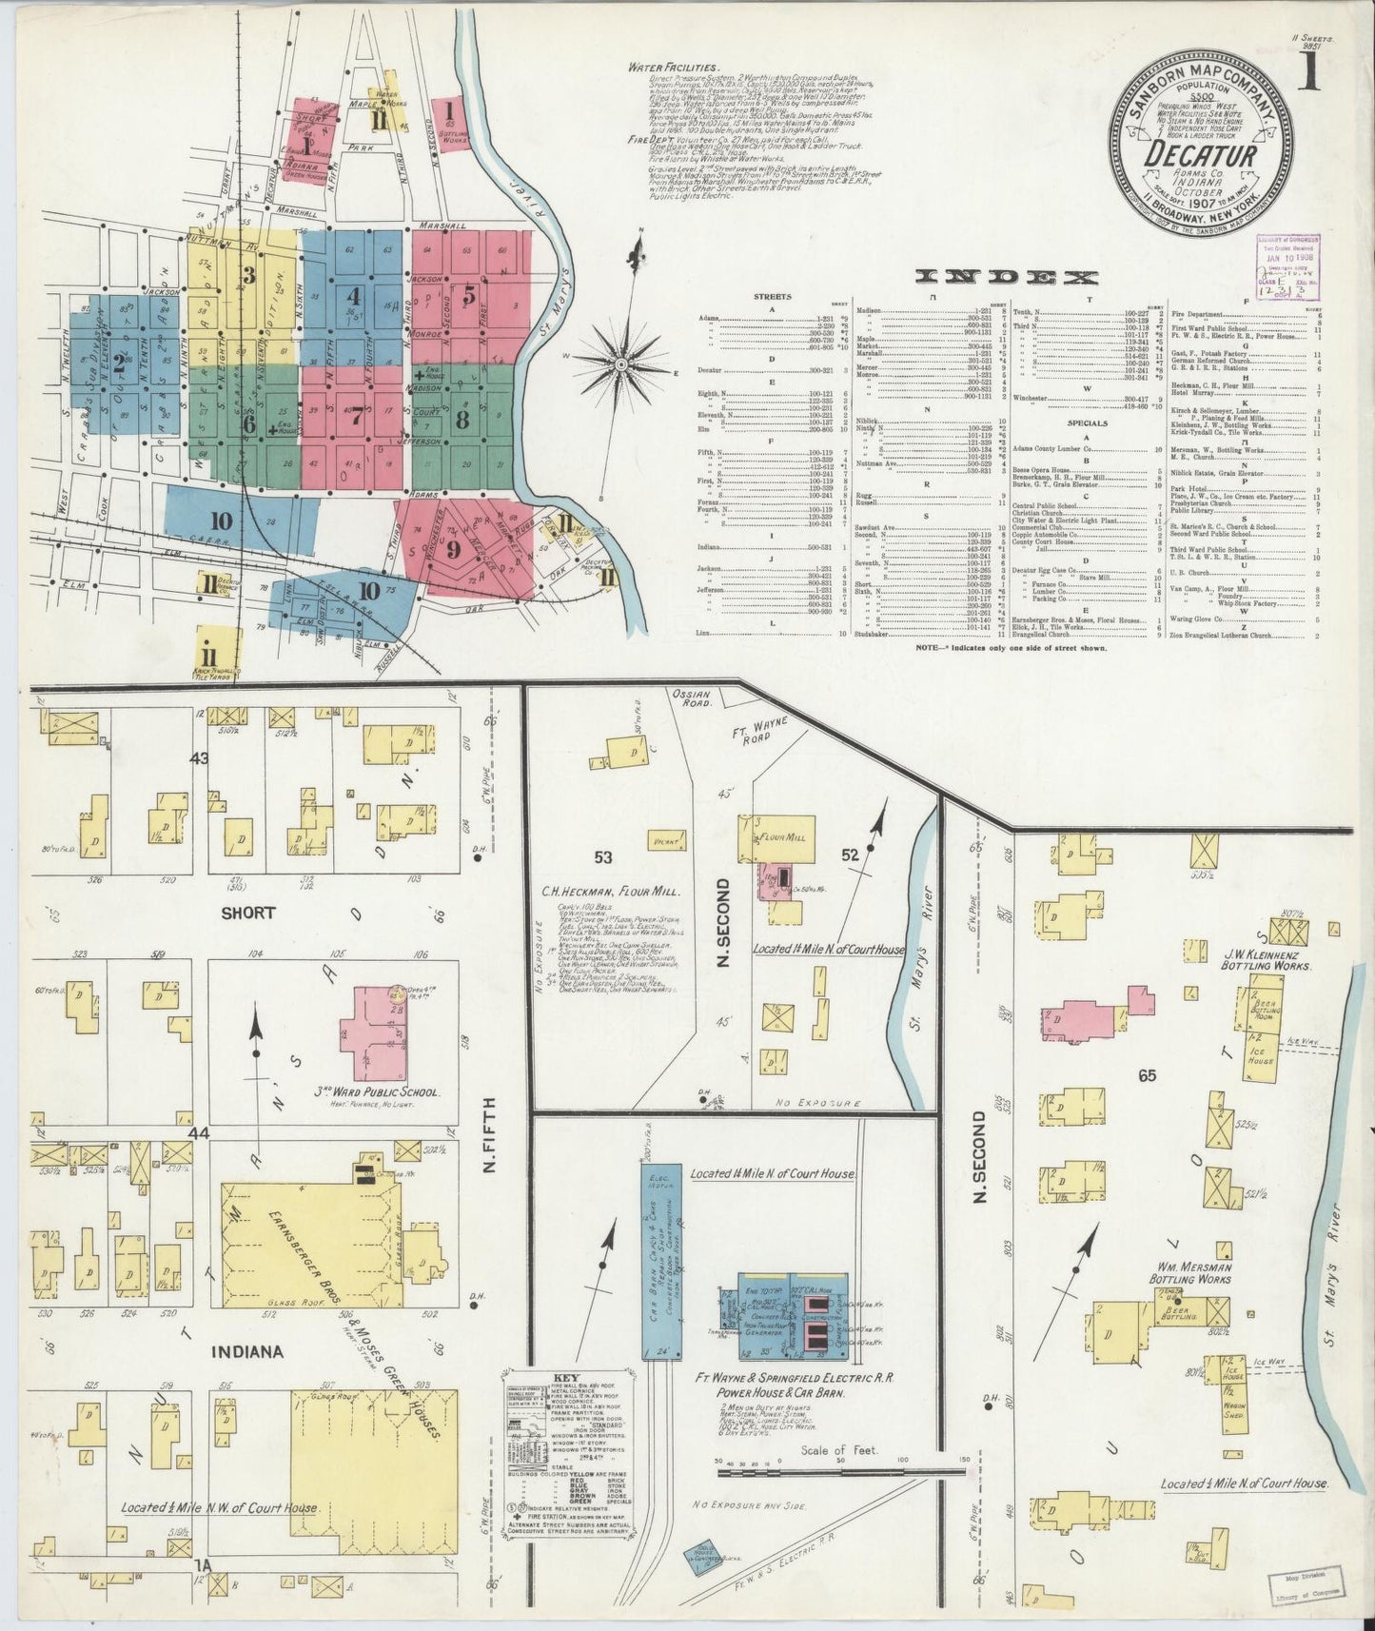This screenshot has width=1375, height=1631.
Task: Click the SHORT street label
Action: click(x=250, y=912)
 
